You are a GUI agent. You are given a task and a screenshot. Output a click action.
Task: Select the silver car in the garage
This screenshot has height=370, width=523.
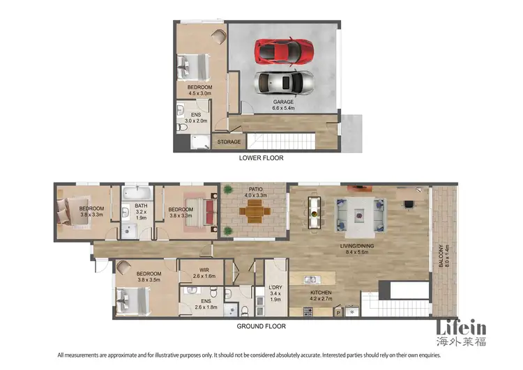point(283,82)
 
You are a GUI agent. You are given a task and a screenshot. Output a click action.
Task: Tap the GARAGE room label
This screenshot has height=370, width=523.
point(283,102)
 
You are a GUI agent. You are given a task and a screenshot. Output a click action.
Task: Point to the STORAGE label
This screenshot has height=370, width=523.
point(229,142)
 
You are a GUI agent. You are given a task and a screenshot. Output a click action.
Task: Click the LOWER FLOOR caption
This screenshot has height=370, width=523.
point(261,158)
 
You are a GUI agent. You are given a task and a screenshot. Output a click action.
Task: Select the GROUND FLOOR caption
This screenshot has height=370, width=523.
point(262,325)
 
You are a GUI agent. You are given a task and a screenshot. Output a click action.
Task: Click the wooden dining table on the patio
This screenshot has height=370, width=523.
point(252,215)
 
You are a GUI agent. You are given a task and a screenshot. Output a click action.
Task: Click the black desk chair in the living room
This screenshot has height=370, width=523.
point(408,205)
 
